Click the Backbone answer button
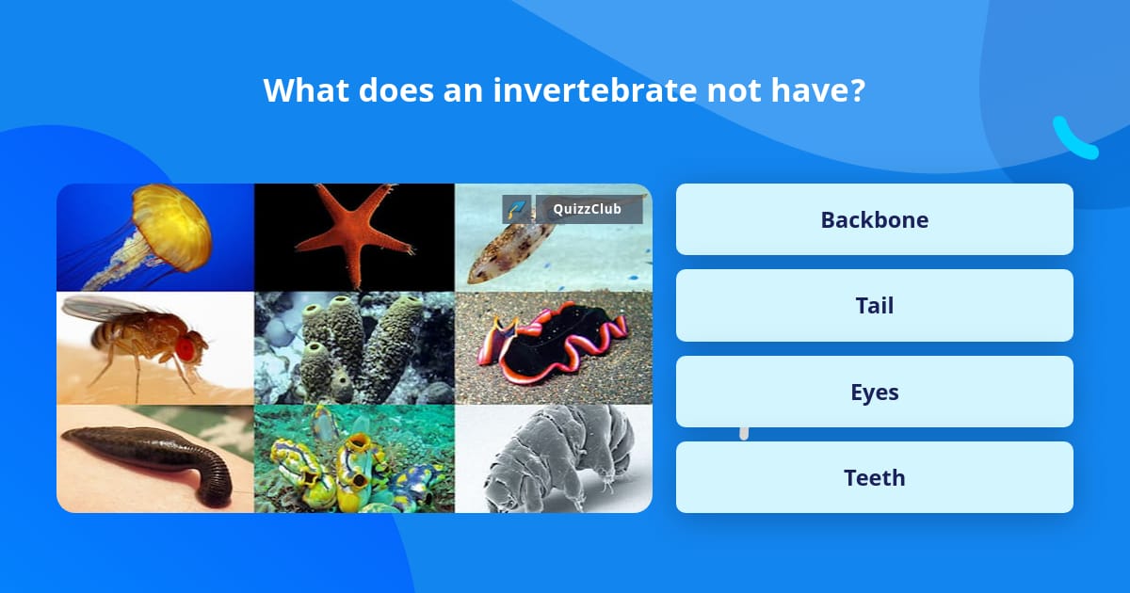[x=874, y=219]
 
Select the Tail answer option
[x=874, y=306]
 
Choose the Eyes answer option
[x=874, y=392]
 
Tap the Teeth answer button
[x=874, y=478]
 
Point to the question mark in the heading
[x=856, y=90]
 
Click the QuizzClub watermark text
[x=588, y=209]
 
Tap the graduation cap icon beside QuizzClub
[x=516, y=209]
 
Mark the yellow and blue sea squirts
[x=353, y=461]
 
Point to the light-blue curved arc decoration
[x=1073, y=139]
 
